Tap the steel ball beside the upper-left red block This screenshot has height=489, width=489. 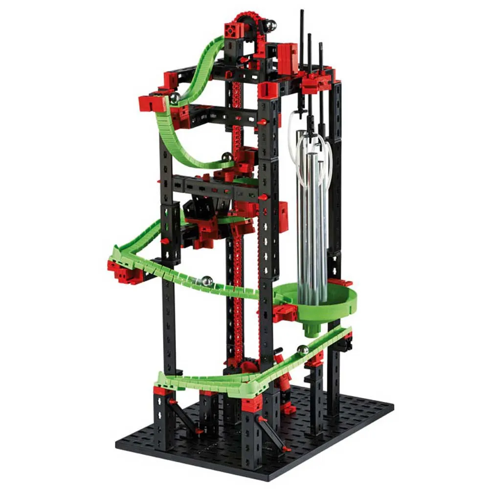point(174,98)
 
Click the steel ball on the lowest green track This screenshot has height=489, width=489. point(303,350)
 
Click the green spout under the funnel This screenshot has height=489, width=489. point(311,329)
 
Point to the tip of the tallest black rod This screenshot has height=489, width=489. point(302,12)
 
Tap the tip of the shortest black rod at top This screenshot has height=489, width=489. point(321,45)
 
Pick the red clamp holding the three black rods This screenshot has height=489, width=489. point(315,79)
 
